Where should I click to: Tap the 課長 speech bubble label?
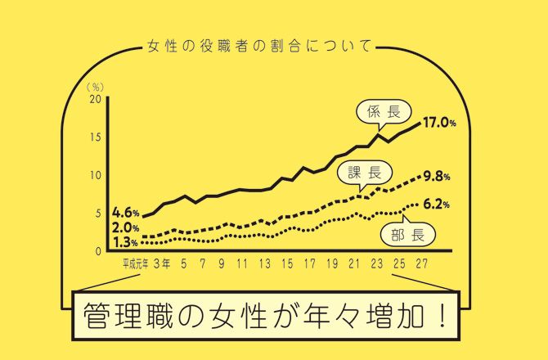coord(365,172)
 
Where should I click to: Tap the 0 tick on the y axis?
coord(97,251)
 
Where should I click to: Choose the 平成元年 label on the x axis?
coord(135,263)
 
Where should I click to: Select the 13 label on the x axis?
coord(263,263)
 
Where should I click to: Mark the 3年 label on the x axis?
coord(161,263)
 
